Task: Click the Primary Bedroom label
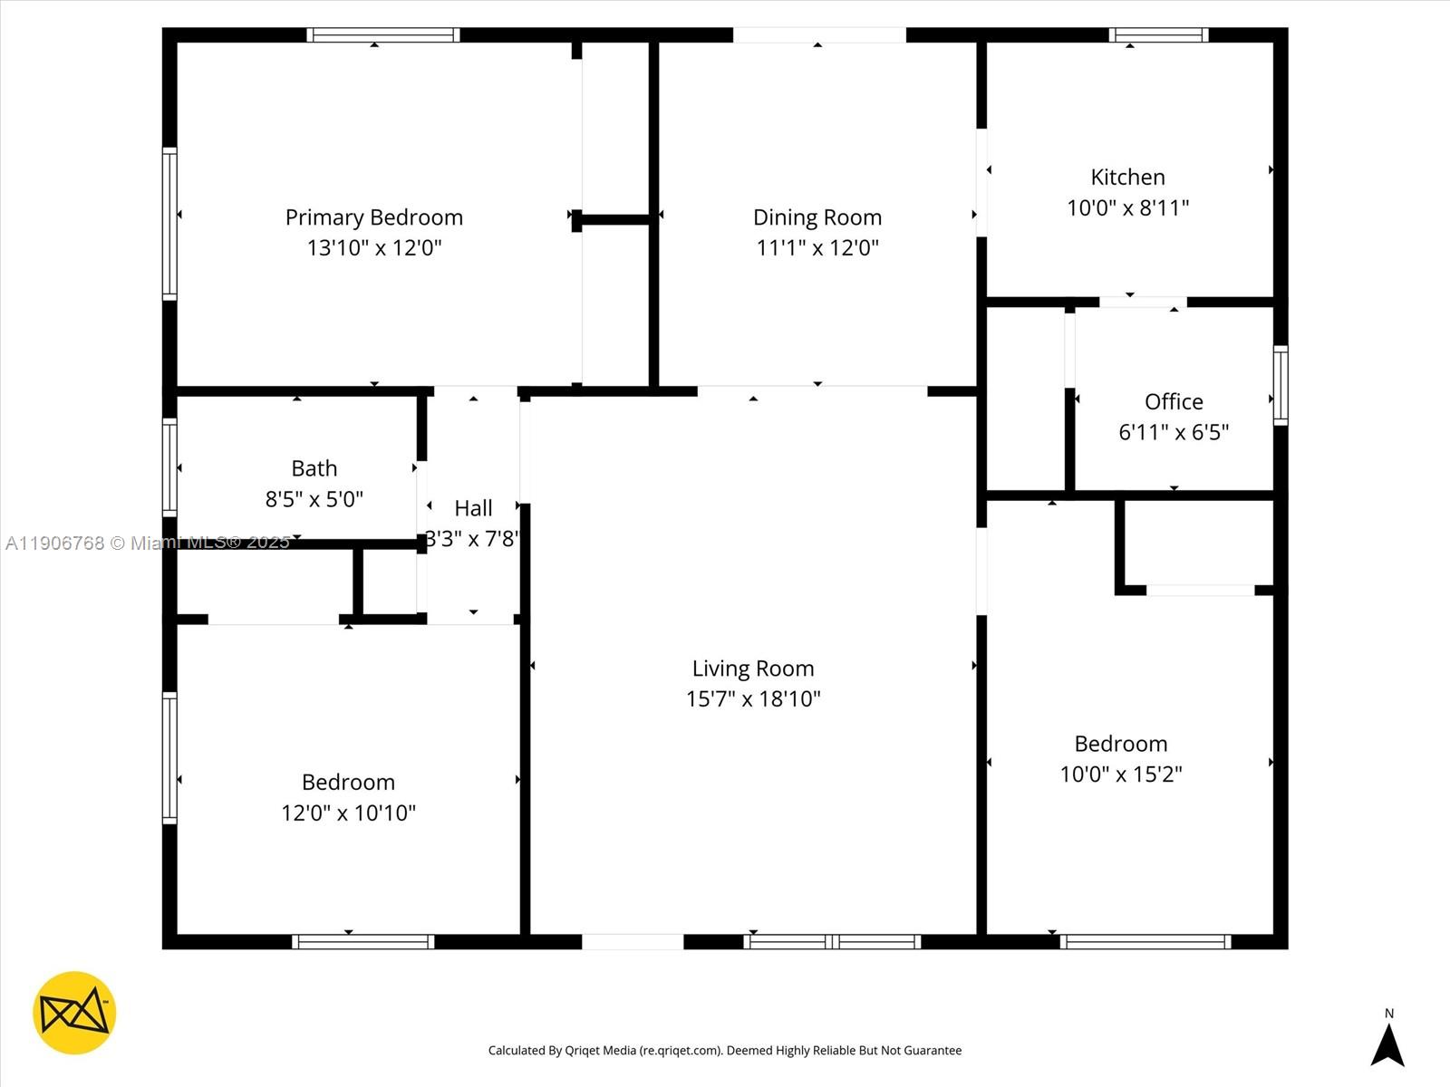pos(373,217)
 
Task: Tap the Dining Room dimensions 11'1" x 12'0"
pos(817,247)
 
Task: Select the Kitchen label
pos(1127,177)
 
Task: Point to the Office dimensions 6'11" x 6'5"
pos(1174,432)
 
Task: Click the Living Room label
pos(753,669)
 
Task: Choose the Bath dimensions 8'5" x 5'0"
pos(314,498)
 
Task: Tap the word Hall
pos(473,508)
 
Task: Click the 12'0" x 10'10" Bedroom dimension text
pos(348,813)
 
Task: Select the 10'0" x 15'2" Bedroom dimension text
pos(1121,774)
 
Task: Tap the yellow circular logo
pos(74,1013)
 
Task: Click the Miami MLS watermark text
pos(148,543)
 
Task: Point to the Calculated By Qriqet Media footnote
pos(725,1051)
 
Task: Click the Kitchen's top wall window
pos(1158,35)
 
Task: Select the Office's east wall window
pos(1281,385)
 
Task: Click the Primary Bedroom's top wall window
pos(382,35)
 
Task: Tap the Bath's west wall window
pos(169,467)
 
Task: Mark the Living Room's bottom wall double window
pos(832,942)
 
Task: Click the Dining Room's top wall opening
pos(818,35)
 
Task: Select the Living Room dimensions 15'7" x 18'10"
pos(753,698)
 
